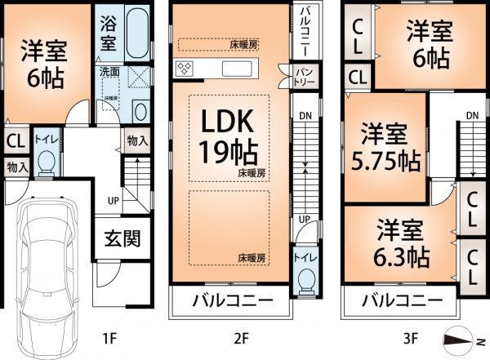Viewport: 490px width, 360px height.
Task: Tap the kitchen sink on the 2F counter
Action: click(237, 68)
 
